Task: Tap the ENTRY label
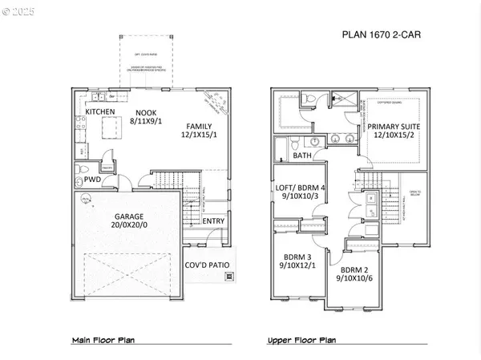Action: click(x=213, y=222)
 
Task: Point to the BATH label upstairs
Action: click(x=302, y=156)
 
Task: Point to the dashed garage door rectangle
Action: click(x=129, y=273)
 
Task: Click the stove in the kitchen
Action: click(x=81, y=123)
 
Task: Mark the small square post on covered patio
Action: click(x=231, y=277)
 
